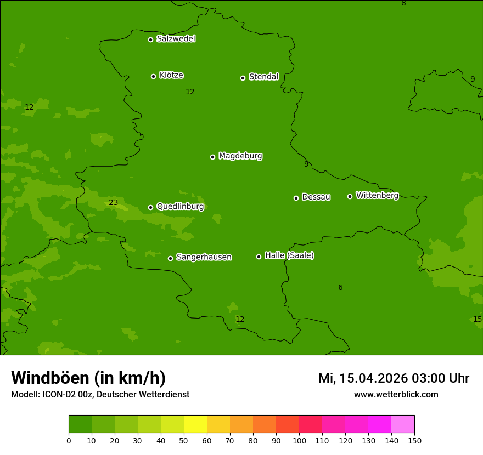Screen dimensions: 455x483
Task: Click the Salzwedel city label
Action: (x=176, y=39)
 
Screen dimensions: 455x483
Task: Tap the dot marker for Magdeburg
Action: (x=212, y=157)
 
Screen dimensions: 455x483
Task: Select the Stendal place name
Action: (x=263, y=77)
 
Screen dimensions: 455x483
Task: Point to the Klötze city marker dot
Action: (x=153, y=76)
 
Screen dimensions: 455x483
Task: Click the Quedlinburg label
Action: (x=180, y=207)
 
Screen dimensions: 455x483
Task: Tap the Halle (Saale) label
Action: (x=289, y=255)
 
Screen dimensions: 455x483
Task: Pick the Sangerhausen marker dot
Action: (x=170, y=258)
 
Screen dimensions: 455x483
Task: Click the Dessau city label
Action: (x=316, y=197)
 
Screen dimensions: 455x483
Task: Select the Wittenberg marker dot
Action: (x=350, y=196)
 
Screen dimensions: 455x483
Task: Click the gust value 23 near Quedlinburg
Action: (x=113, y=202)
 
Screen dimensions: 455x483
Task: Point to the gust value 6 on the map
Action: (x=340, y=287)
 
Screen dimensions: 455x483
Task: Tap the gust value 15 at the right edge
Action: (x=477, y=319)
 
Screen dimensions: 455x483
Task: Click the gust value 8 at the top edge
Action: (x=403, y=3)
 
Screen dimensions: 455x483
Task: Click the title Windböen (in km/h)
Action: (x=88, y=378)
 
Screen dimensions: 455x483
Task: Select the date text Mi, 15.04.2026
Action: (x=363, y=378)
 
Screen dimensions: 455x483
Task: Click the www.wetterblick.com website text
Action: (x=396, y=394)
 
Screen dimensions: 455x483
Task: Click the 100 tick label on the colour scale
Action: (x=299, y=440)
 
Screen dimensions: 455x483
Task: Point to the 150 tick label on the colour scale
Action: (x=414, y=440)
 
